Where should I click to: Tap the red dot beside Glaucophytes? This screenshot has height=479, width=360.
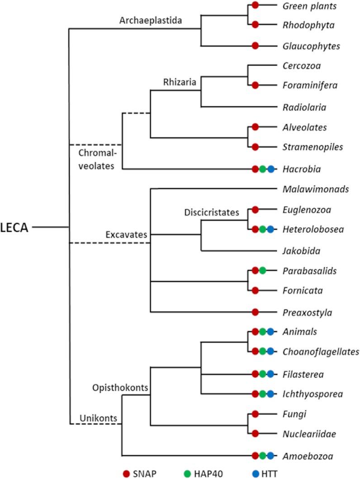click(255, 46)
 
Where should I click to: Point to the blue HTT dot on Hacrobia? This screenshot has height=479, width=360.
click(271, 169)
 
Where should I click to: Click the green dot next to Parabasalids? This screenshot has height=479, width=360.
click(263, 270)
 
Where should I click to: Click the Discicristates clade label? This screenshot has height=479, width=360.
click(212, 212)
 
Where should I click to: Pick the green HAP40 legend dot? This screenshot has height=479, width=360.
click(188, 473)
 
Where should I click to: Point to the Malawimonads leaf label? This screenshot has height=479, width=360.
click(315, 189)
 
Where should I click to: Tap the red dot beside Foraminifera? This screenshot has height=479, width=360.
click(255, 85)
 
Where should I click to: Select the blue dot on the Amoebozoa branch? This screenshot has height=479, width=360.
click(271, 456)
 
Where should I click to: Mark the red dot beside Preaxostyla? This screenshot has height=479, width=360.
click(255, 312)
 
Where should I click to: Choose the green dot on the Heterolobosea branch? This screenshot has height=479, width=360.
click(263, 229)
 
